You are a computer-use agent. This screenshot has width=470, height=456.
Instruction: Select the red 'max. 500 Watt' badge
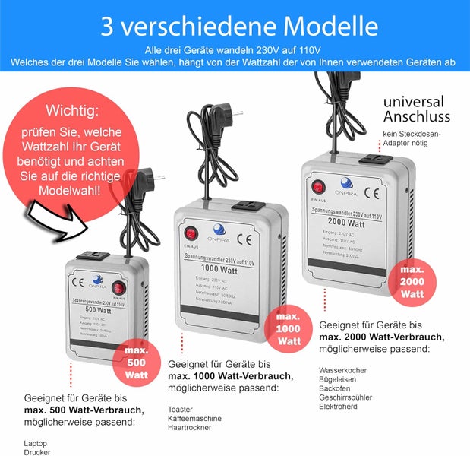point(137,363)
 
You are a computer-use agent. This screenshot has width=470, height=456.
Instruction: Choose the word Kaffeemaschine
point(194,418)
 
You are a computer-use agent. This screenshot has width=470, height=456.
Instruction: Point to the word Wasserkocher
point(343,370)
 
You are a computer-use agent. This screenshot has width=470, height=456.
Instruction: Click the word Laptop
point(36,442)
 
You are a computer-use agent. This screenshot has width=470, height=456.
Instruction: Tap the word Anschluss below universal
point(416,116)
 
